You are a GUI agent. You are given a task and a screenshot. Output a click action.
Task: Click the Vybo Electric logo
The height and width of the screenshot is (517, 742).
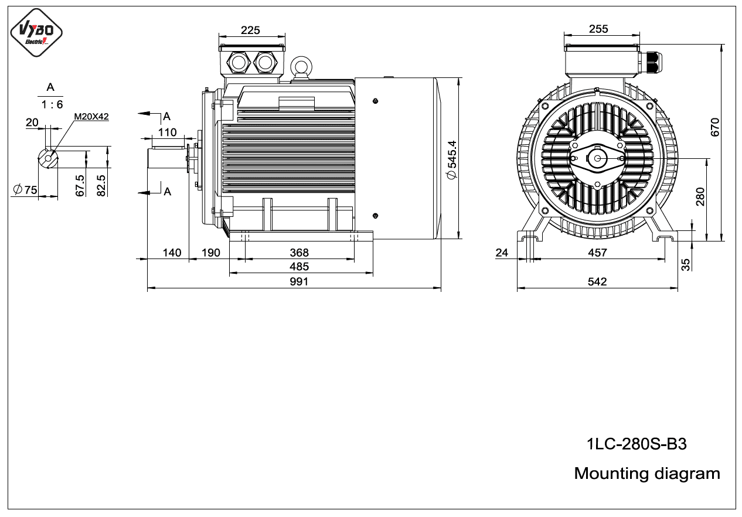tap(36, 32)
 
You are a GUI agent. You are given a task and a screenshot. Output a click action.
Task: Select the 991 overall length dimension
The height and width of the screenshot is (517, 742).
tap(299, 281)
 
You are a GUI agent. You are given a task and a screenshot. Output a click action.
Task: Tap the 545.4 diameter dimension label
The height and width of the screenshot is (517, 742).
tap(452, 159)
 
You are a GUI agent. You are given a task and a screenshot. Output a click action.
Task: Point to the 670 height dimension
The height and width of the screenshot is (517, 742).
tap(715, 127)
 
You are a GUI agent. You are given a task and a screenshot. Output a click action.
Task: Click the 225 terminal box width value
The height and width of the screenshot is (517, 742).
tap(250, 30)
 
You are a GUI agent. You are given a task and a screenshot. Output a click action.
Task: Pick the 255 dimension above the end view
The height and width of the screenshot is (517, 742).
tap(598, 29)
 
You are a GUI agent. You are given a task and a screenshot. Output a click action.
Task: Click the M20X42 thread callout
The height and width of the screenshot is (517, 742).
tap(91, 117)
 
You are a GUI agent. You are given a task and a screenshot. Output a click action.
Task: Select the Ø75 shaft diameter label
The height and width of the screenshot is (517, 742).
tap(25, 190)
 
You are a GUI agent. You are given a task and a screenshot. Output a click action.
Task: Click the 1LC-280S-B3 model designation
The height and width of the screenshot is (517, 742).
tap(637, 444)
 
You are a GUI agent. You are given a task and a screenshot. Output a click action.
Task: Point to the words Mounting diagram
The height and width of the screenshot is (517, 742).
tap(647, 473)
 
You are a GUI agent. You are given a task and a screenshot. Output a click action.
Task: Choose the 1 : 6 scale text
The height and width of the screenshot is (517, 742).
tap(52, 104)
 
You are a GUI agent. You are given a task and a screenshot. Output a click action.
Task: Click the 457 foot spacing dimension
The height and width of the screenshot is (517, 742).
tap(597, 253)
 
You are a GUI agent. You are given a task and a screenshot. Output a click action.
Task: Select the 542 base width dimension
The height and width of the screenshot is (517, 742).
tap(597, 281)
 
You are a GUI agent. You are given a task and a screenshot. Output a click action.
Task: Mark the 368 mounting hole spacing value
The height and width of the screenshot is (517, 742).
tap(299, 253)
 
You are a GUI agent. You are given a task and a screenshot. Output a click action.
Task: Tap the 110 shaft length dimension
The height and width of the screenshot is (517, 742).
tap(167, 132)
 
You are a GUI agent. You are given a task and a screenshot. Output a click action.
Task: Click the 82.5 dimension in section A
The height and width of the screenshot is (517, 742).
tap(101, 186)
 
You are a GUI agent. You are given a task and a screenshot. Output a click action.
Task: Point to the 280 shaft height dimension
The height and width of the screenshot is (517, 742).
tap(700, 197)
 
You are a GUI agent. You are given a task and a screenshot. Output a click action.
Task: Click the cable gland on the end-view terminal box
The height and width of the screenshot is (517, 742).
tap(649, 62)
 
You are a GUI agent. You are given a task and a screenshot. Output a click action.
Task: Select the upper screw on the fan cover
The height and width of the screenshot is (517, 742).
tap(375, 101)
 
